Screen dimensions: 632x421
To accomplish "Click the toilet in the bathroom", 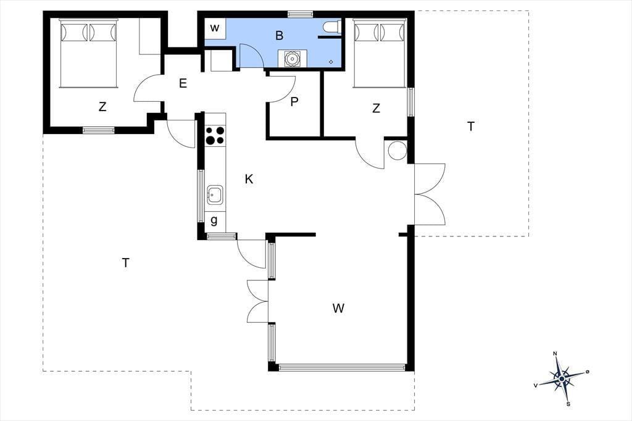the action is coord(332,27).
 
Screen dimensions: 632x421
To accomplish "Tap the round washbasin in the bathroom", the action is coord(291,59).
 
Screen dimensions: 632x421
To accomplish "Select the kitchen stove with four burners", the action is coord(215,135).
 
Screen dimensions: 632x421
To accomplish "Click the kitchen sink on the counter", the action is coord(215,196).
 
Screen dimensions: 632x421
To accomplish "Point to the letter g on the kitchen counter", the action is coord(214,220).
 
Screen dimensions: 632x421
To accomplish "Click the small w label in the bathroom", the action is coord(215,28).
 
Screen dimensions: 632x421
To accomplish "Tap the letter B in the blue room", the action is coord(280,35).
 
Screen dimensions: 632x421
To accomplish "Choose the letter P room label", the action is coord(294,102).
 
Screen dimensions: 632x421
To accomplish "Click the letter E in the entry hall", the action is coord(183,83).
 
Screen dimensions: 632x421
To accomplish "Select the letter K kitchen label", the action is coord(249,179).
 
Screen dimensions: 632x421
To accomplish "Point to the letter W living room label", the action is coord(339,308).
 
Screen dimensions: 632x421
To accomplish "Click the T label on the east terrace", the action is coord(471,127).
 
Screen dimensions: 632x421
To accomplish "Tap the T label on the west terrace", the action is coord(126,263).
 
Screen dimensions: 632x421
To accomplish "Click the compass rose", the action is coord(562,378).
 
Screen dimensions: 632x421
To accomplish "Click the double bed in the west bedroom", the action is coord(88,53).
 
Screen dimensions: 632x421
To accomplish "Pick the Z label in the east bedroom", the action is coord(376,108).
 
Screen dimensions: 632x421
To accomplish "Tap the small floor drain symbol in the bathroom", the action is coord(331,62).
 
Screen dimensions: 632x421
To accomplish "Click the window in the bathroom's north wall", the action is coord(301,15).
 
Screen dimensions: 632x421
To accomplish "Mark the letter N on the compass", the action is coord(555,354).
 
